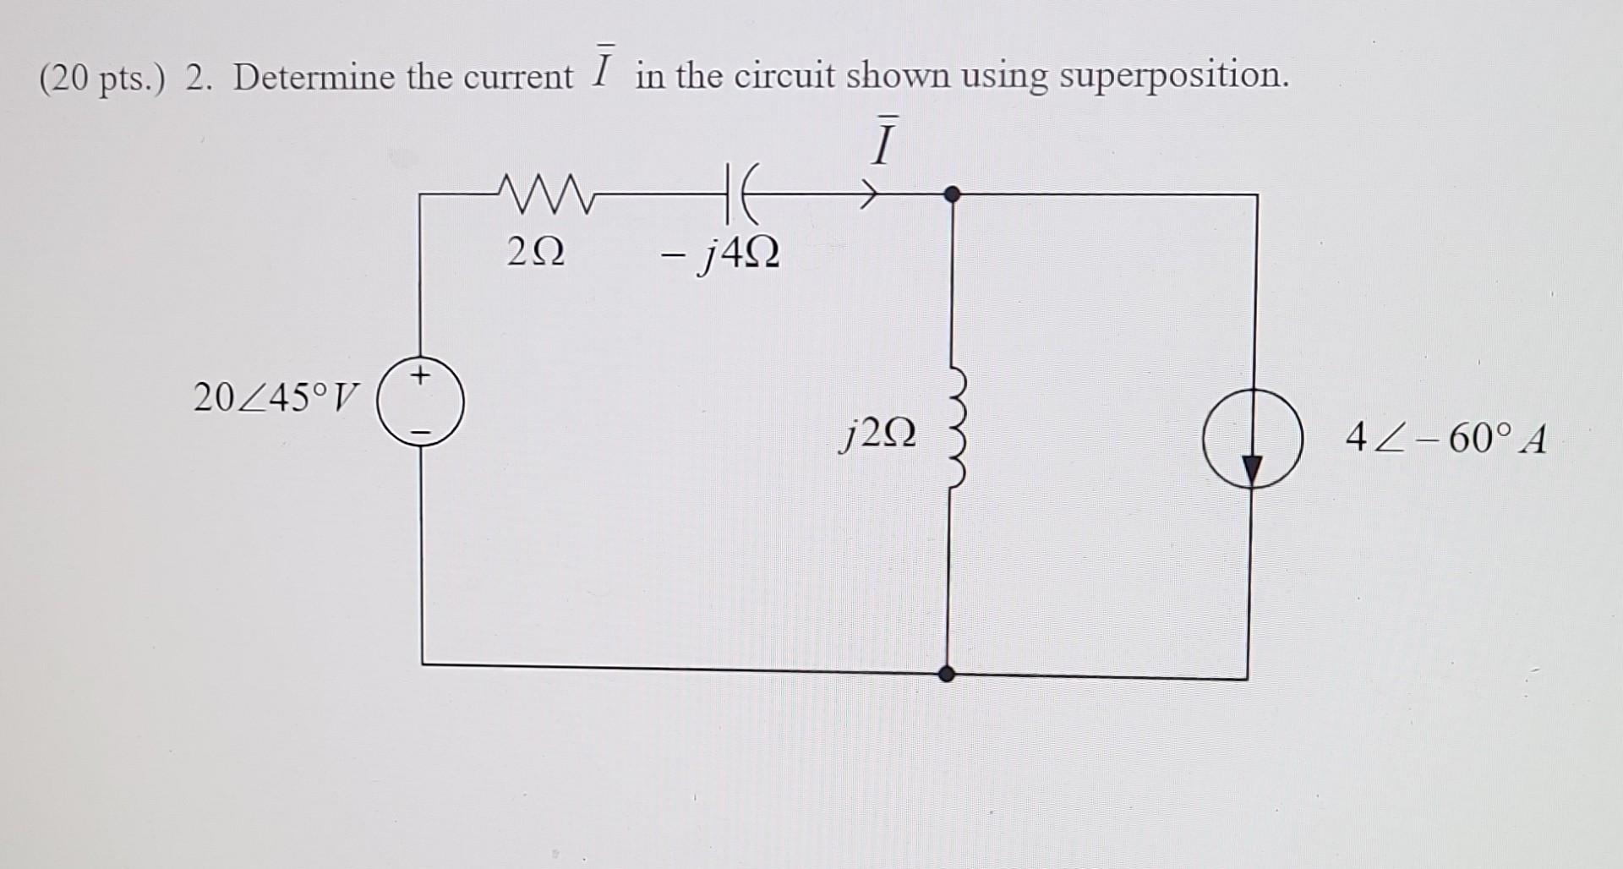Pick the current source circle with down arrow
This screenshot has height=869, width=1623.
[x=1252, y=439]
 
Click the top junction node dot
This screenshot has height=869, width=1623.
[x=952, y=194]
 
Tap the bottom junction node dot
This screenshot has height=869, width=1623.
[x=948, y=674]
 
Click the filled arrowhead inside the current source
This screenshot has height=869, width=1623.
[x=1252, y=467]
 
